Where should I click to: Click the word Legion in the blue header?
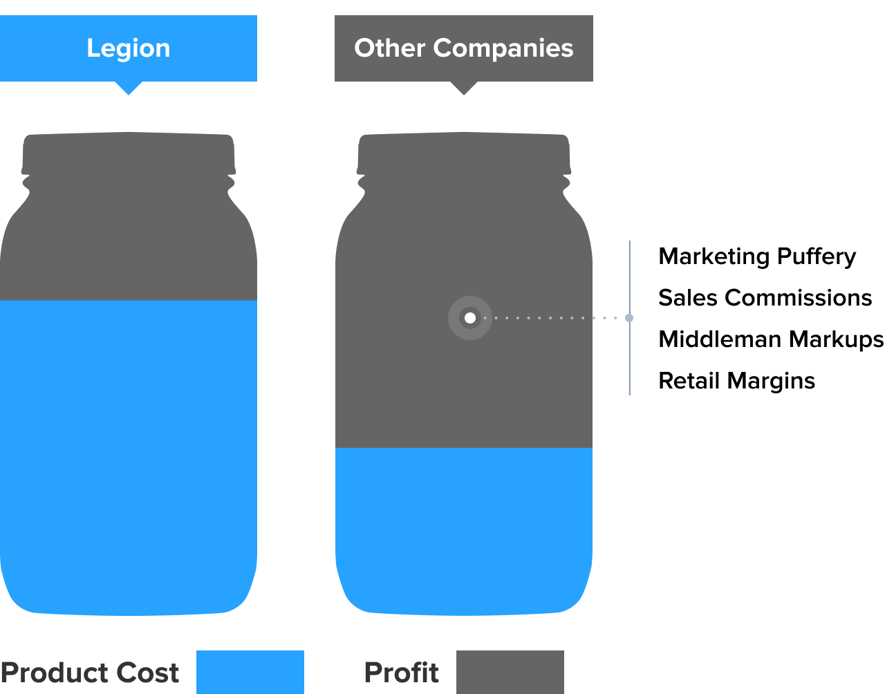[128, 48]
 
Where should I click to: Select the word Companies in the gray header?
[503, 48]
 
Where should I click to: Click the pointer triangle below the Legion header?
[128, 87]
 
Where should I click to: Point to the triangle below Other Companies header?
[464, 87]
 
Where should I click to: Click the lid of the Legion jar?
[129, 153]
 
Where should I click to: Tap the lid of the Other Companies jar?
[464, 153]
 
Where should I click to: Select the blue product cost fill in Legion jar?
[129, 456]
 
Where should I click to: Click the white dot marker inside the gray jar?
[470, 318]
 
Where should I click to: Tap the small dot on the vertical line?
[629, 318]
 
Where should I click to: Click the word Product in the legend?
[53, 673]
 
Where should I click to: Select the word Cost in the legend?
[147, 673]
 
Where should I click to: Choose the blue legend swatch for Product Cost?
[250, 672]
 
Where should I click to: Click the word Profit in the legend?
[401, 673]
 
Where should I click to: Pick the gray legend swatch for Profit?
[510, 672]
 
